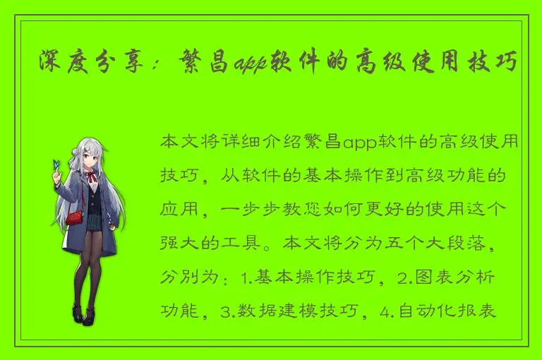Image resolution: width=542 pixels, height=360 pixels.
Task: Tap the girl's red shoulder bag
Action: click(x=74, y=216)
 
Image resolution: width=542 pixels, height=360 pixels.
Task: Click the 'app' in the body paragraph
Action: click(x=361, y=143)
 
